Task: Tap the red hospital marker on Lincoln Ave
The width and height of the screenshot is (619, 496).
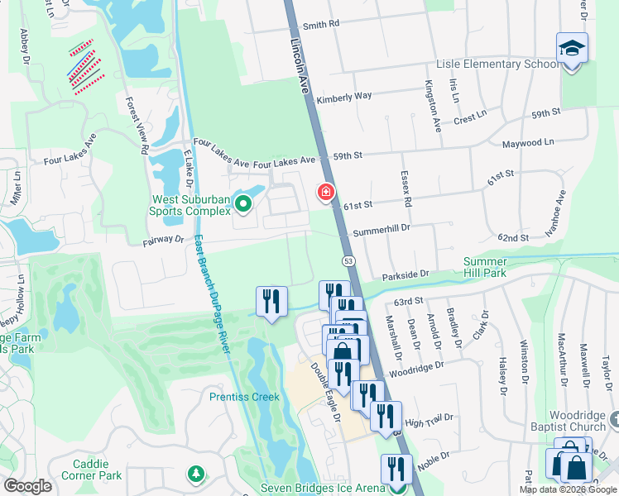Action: click(326, 193)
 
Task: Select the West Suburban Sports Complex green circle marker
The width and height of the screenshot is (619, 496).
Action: click(242, 203)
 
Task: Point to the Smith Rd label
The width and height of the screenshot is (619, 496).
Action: click(321, 25)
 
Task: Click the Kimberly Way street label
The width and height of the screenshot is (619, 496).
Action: click(343, 97)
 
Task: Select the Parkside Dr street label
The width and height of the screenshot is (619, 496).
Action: click(405, 274)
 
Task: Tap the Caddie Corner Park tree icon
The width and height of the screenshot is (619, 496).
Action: click(195, 475)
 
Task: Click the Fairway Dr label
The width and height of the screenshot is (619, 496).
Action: click(162, 240)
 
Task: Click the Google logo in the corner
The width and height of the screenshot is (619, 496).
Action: click(27, 486)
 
